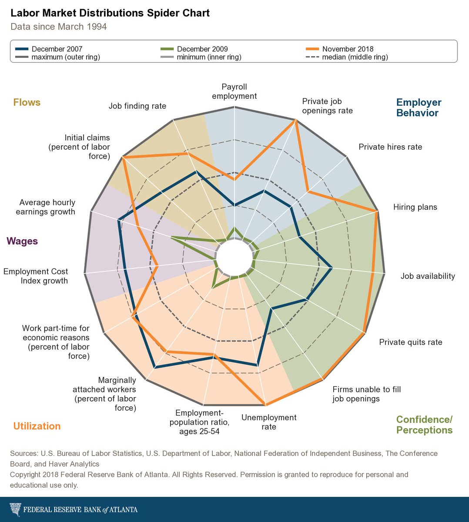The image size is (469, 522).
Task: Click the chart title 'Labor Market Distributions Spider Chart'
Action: (x=110, y=13)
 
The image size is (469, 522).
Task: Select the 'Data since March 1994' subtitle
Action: (x=59, y=27)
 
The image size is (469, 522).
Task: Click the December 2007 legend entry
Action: (x=57, y=49)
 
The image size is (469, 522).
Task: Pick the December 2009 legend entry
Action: (x=202, y=49)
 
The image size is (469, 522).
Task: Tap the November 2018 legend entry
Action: (x=347, y=49)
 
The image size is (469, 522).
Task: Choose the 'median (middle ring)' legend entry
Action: (x=355, y=57)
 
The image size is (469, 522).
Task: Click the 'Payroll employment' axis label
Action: (x=234, y=91)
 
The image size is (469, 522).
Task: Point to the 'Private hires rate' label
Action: (x=390, y=147)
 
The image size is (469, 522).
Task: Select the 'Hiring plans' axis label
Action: (x=415, y=207)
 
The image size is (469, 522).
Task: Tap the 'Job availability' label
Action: (x=428, y=276)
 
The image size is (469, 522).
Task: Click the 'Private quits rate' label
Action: (x=410, y=342)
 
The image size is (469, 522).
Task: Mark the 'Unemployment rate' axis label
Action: (x=268, y=422)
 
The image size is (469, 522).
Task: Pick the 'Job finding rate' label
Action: (x=137, y=106)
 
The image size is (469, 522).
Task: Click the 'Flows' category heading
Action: (x=27, y=103)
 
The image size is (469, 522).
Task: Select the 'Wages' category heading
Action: (x=22, y=241)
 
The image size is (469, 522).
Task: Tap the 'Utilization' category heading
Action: (x=37, y=426)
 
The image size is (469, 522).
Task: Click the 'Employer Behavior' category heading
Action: (x=419, y=108)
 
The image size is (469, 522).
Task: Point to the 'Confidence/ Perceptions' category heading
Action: (x=424, y=425)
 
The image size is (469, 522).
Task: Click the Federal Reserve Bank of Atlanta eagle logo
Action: (x=15, y=509)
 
